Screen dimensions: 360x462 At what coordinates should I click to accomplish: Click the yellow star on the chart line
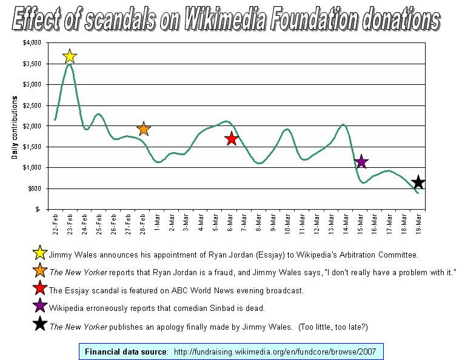(x=70, y=56)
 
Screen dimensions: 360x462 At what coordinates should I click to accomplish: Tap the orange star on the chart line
(x=143, y=128)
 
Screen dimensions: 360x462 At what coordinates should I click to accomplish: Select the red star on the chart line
(x=231, y=139)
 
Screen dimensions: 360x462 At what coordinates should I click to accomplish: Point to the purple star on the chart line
(x=361, y=161)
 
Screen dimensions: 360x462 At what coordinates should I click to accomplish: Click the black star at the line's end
(x=418, y=182)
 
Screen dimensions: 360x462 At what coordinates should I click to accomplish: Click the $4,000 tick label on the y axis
(x=32, y=43)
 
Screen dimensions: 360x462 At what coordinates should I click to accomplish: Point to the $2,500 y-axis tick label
(x=32, y=105)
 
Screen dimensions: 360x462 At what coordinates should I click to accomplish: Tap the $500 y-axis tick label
(x=33, y=188)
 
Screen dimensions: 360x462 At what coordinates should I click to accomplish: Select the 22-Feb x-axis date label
(x=55, y=225)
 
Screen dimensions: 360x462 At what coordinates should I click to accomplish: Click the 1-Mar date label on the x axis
(x=158, y=224)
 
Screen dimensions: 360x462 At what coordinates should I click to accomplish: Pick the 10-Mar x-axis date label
(x=288, y=225)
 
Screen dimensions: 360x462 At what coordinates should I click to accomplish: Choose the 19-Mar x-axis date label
(x=418, y=225)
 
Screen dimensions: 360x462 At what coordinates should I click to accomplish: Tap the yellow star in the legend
(x=40, y=253)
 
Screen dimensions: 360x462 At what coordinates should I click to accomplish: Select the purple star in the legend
(x=40, y=307)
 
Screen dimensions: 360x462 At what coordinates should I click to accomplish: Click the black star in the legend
(x=40, y=325)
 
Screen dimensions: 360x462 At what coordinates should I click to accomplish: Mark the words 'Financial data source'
(x=126, y=352)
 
